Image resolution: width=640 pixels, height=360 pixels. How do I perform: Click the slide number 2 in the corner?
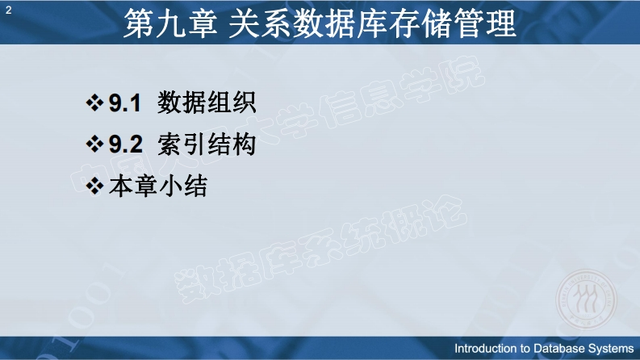click(x=9, y=10)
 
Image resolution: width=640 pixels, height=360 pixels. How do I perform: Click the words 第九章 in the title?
click(x=170, y=23)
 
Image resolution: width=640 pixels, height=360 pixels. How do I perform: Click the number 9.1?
click(x=125, y=103)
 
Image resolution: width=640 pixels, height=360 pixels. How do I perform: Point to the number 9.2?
click(x=126, y=144)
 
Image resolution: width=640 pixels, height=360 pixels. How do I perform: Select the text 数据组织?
click(x=207, y=102)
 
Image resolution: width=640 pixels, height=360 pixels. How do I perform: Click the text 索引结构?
click(x=207, y=144)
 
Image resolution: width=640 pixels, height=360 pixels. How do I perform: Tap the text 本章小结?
click(x=158, y=186)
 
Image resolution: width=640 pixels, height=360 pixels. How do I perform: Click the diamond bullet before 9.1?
click(x=94, y=103)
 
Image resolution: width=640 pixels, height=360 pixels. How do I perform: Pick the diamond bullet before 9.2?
click(x=94, y=144)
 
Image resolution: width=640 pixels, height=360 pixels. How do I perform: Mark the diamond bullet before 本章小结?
click(x=94, y=186)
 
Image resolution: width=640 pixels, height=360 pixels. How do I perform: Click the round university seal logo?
click(x=586, y=300)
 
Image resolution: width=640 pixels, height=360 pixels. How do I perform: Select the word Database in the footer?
click(x=559, y=349)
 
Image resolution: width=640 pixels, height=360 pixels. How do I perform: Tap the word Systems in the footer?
click(x=611, y=349)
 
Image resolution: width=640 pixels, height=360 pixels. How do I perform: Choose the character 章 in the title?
click(x=202, y=23)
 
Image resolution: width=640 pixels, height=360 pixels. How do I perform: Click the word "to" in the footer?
click(x=525, y=349)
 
